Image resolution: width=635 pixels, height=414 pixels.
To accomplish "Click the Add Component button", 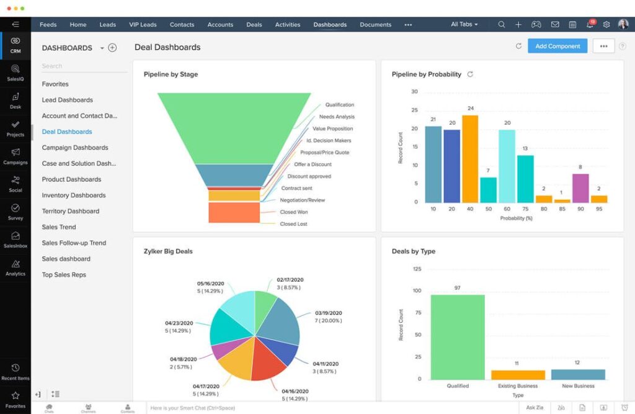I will point(557,46).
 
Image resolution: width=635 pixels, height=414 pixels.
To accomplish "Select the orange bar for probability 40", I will point(470,159).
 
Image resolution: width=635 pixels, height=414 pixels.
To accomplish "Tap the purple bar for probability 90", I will point(580,188).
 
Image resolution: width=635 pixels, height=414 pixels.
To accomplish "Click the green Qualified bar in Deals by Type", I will point(458,337).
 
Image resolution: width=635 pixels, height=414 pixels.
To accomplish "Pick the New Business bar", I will point(577,374).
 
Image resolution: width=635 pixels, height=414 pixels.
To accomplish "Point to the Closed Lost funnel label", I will point(293,223).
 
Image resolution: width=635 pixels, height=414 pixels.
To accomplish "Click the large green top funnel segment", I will point(234,127).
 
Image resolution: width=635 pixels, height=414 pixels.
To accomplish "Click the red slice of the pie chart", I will point(269,360).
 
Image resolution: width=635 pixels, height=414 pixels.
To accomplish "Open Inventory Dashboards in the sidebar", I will point(74,195).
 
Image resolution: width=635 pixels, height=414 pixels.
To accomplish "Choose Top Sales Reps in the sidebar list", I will point(64,274).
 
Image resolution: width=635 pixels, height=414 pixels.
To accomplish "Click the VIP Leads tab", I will point(143,25).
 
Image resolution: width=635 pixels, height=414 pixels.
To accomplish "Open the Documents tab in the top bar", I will point(375,25).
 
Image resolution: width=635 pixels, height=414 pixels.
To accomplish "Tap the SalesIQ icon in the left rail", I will point(16,73).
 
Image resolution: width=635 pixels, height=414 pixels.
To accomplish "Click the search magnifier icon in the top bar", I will point(501,25).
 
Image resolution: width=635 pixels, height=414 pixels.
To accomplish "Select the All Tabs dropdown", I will point(464,25).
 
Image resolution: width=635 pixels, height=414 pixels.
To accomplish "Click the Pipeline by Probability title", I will point(427,74).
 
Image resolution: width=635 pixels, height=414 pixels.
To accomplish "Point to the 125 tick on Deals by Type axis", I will point(417,269).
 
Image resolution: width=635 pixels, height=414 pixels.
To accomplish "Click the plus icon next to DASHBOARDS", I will point(112,48).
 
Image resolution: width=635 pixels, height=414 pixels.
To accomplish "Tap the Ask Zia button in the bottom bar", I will point(535,407).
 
